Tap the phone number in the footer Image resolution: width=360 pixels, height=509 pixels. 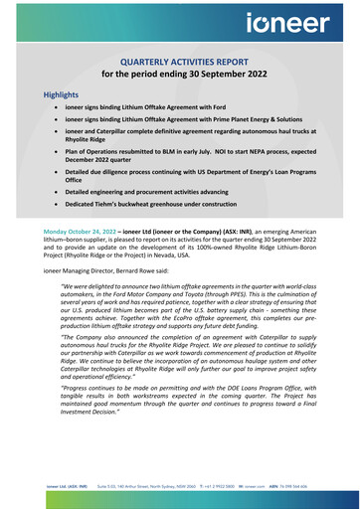[236, 487]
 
